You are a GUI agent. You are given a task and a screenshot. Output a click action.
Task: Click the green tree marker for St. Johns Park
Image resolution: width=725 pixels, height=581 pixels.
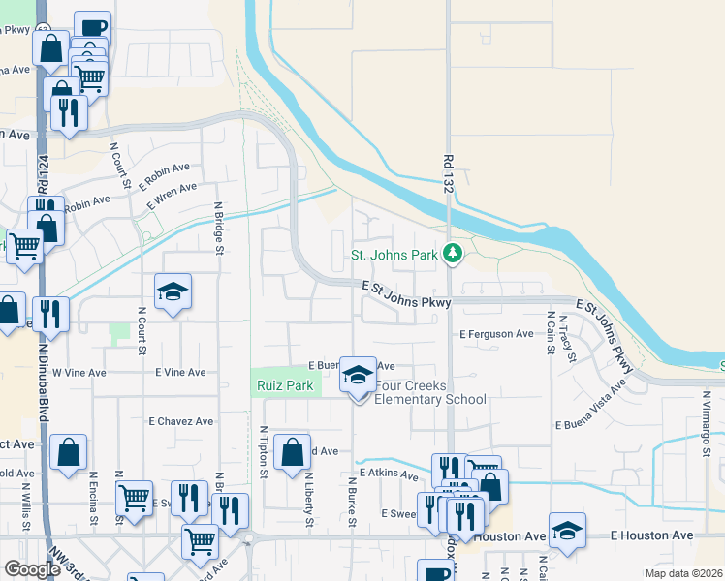452,255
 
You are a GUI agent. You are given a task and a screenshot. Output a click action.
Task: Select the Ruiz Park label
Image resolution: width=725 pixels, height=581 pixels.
284,385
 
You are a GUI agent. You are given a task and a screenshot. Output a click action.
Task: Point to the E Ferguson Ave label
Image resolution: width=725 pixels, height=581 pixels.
496,334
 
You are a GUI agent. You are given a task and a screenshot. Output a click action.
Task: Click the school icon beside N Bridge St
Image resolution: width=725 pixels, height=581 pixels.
173,291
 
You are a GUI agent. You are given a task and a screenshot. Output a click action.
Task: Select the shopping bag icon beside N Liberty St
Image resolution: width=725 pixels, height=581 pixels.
292,452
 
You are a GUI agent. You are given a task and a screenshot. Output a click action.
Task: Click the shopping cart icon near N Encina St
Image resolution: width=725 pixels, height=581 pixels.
134,498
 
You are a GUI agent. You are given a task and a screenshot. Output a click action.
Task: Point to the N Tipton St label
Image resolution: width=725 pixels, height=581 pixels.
264,452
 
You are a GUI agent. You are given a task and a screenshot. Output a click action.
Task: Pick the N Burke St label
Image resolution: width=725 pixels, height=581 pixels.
350,502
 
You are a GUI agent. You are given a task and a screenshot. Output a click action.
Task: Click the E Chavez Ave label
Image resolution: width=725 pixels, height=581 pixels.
180,421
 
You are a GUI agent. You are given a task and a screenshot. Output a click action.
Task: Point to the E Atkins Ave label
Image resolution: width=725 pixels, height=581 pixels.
388,474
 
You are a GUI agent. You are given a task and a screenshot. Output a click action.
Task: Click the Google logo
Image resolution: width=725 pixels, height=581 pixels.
32,568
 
